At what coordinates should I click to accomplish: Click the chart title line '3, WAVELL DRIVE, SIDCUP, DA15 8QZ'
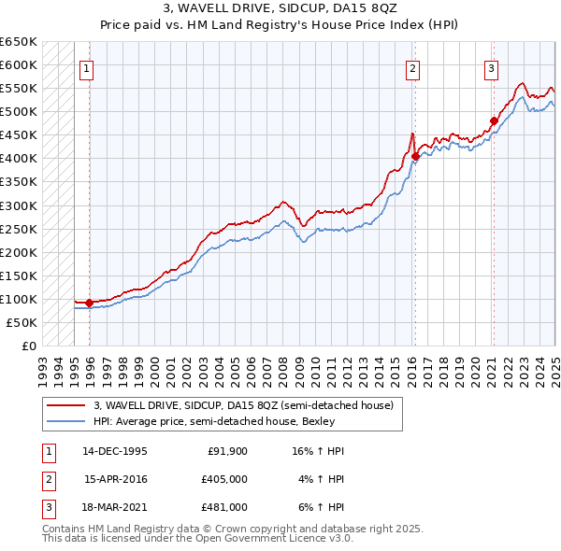[x=280, y=8]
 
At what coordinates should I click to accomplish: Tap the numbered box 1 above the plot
[x=86, y=67]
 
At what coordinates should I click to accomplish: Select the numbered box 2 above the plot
[x=412, y=67]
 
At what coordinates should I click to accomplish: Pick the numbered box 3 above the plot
[x=491, y=67]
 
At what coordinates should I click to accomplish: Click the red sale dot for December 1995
[x=89, y=303]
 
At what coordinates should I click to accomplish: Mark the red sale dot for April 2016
[x=415, y=156]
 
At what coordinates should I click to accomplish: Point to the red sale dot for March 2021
[x=494, y=120]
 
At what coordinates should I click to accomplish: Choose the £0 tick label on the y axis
[x=28, y=346]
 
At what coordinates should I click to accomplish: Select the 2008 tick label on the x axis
[x=281, y=365]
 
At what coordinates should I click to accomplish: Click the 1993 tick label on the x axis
[x=43, y=365]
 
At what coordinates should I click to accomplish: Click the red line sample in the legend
[x=65, y=405]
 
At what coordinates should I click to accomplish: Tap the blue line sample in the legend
[x=65, y=420]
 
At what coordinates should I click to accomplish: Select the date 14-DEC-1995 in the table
[x=114, y=452]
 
